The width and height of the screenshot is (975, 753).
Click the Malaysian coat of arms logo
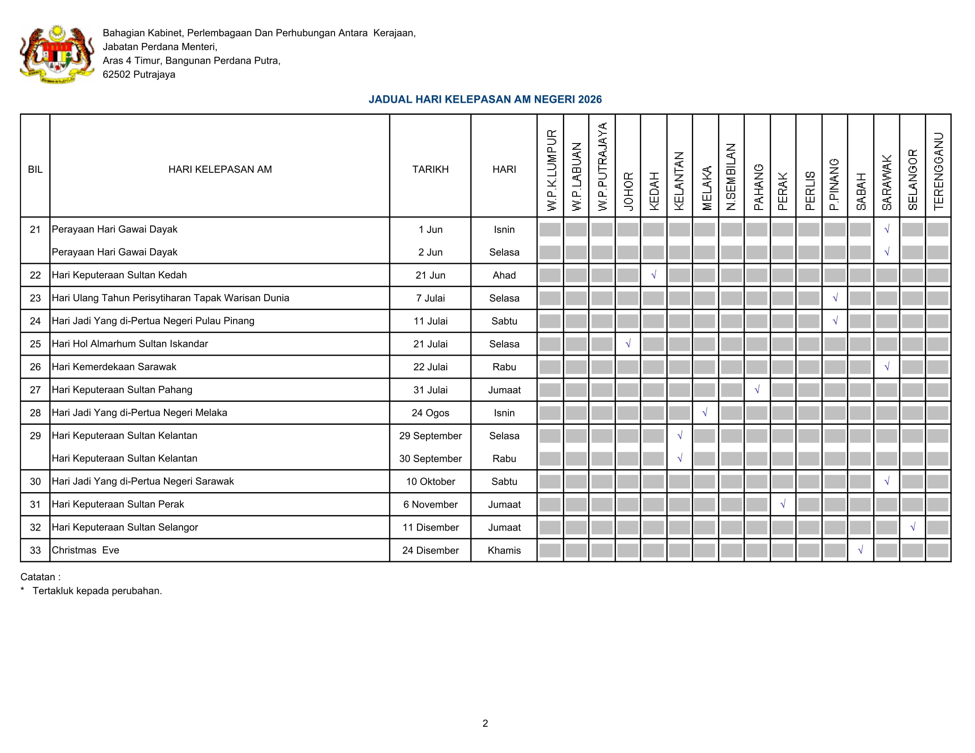[x=57, y=54]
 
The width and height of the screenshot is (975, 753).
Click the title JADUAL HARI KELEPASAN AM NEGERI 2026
[x=485, y=100]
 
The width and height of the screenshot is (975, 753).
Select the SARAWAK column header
[x=887, y=182]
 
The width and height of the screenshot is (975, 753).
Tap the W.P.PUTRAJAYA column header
[x=602, y=167]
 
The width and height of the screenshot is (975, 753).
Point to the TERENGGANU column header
[x=938, y=171]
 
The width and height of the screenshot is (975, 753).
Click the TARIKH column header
[x=430, y=170]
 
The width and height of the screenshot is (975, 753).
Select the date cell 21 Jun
[x=430, y=275]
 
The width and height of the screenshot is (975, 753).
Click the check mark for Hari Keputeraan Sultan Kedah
[x=654, y=275]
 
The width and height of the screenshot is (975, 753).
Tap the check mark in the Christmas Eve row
[x=861, y=550]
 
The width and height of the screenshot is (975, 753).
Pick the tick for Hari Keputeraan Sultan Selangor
[x=913, y=527]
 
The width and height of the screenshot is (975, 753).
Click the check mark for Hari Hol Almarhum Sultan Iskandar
[x=628, y=343]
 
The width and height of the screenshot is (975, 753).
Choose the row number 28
[x=35, y=413]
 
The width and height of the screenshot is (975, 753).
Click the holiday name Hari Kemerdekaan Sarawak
[x=114, y=367]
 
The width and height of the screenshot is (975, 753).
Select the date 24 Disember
[x=430, y=551]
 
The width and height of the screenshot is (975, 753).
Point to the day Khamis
[x=504, y=551]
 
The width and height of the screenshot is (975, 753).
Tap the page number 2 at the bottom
[x=485, y=723]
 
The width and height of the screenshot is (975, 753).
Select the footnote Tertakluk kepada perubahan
[x=97, y=590]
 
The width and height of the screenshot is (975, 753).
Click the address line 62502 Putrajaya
[x=139, y=74]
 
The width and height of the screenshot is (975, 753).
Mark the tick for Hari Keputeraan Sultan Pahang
[x=757, y=389]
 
